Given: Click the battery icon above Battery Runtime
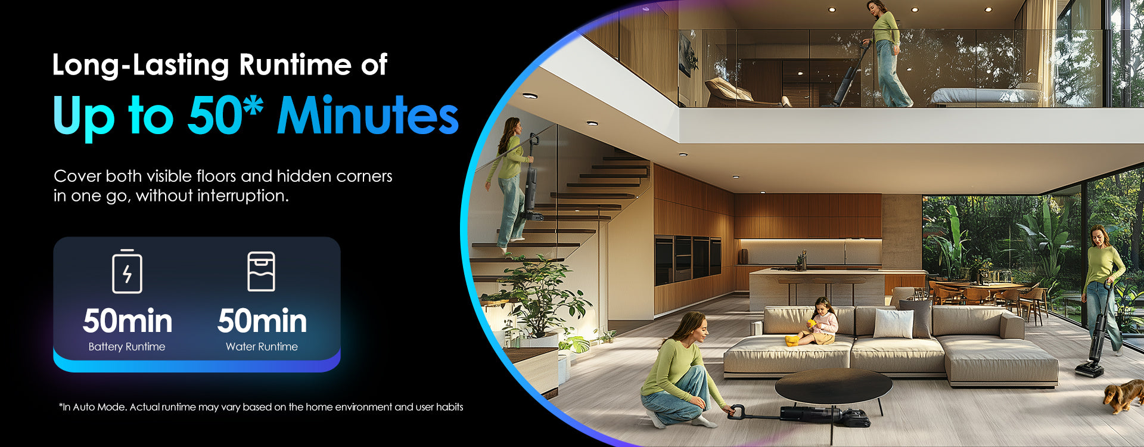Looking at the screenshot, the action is click(x=127, y=271).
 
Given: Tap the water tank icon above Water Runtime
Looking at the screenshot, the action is click(x=261, y=271).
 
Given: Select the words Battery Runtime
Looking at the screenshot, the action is click(x=127, y=347).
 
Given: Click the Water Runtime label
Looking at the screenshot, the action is click(x=262, y=347).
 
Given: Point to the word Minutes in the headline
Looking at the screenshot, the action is click(x=368, y=116).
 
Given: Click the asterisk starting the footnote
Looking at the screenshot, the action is click(x=61, y=405).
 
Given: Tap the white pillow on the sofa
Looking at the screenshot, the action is click(x=893, y=323).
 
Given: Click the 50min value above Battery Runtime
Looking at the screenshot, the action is click(x=128, y=321).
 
